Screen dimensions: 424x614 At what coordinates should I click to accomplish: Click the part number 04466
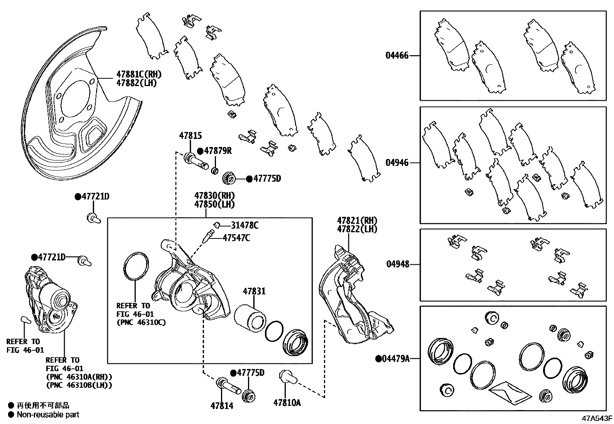point(397,56)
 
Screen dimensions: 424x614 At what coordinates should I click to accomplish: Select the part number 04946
point(397,163)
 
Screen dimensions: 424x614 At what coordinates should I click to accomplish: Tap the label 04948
point(398,264)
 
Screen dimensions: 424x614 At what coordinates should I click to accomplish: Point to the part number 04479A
point(395,359)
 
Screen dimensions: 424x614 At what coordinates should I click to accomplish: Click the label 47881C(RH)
point(139,74)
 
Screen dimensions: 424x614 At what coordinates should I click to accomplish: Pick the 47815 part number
point(190,136)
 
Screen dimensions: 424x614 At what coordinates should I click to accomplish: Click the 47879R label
point(218,151)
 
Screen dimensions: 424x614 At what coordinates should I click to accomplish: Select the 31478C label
point(245,225)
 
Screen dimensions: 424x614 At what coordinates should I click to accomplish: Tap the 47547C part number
point(236,238)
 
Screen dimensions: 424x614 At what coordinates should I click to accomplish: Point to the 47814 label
point(222,406)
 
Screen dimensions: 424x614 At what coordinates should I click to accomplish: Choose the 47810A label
point(287,403)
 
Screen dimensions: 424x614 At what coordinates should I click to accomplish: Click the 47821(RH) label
point(357,221)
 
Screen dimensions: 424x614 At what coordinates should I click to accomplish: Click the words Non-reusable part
point(48,415)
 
